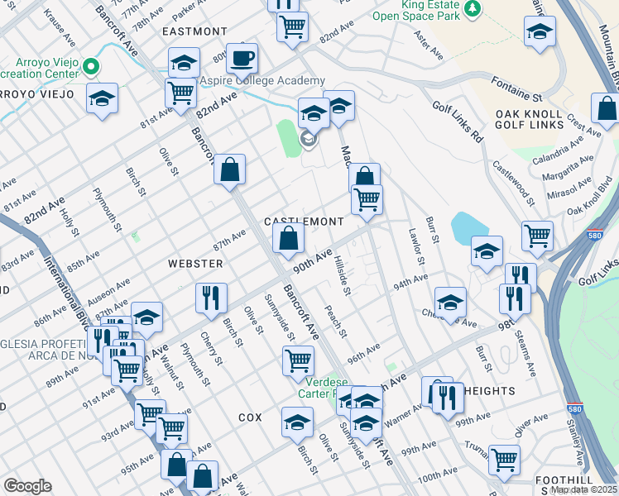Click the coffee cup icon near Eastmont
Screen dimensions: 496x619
[x=242, y=59]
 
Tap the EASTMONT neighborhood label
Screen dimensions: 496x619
[x=194, y=31]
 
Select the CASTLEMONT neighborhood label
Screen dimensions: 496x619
[x=303, y=222]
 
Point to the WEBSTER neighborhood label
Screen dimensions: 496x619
[x=195, y=264]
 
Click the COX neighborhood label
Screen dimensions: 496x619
[x=250, y=418]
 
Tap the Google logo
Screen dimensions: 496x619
[x=27, y=486]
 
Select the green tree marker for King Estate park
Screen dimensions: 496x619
[x=473, y=8]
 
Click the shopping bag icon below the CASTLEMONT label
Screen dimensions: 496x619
[x=288, y=240]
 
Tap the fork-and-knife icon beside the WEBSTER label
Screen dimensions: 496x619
[x=210, y=298]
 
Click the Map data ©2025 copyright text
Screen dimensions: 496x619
[x=584, y=489]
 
